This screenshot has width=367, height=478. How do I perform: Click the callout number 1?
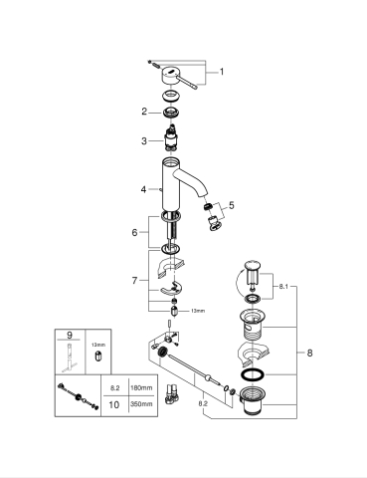pyautogui.click(x=222, y=72)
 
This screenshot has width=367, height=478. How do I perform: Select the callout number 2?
pyautogui.click(x=143, y=112)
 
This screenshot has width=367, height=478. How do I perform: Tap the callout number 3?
pyautogui.click(x=143, y=140)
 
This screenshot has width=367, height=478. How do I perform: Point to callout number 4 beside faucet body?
pyautogui.click(x=143, y=188)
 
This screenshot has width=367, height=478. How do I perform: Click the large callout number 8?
pyautogui.click(x=308, y=353)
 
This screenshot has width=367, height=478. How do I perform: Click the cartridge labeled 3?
pyautogui.click(x=171, y=140)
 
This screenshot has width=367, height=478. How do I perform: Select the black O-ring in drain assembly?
pyautogui.click(x=254, y=377)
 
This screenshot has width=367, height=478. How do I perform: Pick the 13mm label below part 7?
pyautogui.click(x=197, y=311)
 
